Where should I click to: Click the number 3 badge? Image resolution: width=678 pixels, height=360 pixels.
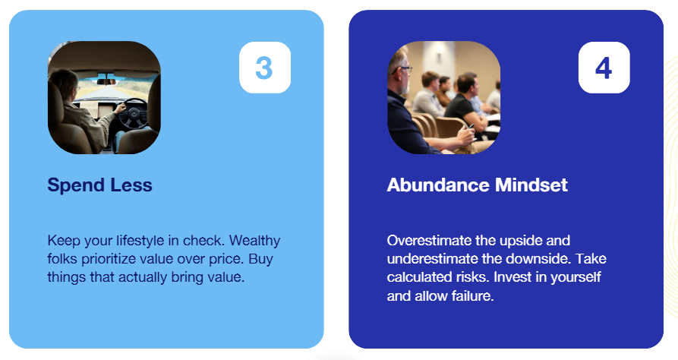(265, 68)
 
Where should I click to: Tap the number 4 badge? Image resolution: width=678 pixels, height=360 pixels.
(604, 68)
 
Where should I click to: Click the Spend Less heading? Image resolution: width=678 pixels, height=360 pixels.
(100, 185)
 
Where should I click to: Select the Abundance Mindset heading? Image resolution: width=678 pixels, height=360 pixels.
(477, 185)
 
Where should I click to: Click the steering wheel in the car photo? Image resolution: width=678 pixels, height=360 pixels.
(134, 113)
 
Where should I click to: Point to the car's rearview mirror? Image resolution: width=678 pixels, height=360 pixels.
(106, 81)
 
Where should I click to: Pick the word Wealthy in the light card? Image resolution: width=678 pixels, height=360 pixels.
(254, 240)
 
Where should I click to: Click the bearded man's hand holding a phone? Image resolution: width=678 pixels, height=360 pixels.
(466, 135)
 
